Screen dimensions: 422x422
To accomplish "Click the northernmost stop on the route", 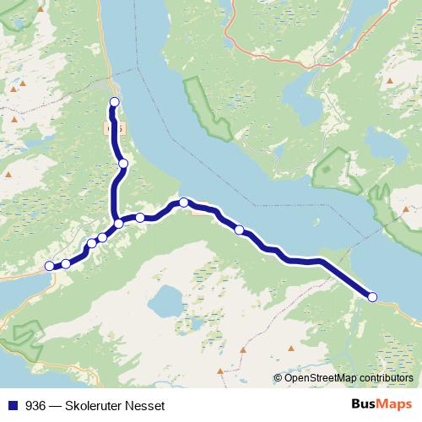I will (x=115, y=102).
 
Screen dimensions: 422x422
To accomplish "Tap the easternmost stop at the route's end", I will (x=372, y=295).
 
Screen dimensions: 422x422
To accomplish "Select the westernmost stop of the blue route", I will (x=49, y=266).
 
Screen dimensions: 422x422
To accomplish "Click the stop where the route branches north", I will (x=119, y=224).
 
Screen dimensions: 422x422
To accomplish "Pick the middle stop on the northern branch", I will (x=123, y=164).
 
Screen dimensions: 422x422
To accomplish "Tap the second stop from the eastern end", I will (x=239, y=230).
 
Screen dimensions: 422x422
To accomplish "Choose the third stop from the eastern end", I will (x=183, y=202).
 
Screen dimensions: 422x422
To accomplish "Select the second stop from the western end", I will (x=66, y=264).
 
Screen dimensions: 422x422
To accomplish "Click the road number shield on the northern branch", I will (x=115, y=127).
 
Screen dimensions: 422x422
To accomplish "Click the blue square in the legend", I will (x=13, y=404).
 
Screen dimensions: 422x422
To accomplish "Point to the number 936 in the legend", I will (x=35, y=404).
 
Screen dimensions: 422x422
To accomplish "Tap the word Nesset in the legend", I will (x=153, y=404).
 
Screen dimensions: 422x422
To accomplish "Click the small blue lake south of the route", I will (x=164, y=298).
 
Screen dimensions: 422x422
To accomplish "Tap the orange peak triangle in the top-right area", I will (x=389, y=82).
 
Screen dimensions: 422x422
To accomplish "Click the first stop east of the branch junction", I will (x=141, y=218).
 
